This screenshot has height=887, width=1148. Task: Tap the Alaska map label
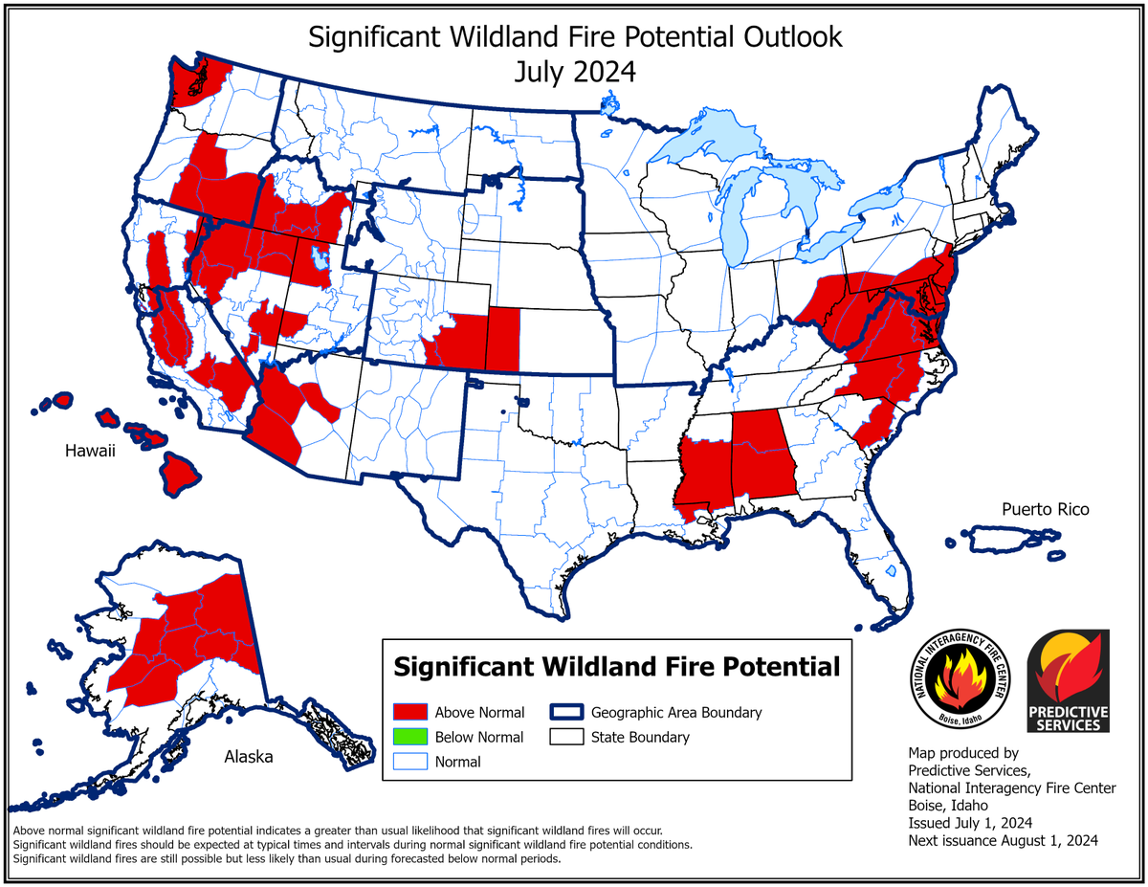tap(249, 757)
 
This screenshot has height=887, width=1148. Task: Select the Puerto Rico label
tap(1045, 509)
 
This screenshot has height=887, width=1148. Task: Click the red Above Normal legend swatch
tap(409, 712)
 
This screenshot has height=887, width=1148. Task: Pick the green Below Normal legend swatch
tap(409, 737)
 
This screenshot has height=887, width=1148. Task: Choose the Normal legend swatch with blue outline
tap(409, 762)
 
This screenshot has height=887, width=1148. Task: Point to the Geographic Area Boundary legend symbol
tap(566, 712)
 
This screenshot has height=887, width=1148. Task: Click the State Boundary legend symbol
tap(566, 737)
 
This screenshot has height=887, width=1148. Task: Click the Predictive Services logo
tap(1068, 680)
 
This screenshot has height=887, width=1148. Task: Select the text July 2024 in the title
tap(574, 72)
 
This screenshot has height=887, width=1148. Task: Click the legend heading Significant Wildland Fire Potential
tap(617, 666)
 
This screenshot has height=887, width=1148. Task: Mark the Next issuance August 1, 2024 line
tap(1003, 841)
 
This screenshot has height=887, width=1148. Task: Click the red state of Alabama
tap(762, 454)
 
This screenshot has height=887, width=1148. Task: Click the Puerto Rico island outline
tap(1004, 539)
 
